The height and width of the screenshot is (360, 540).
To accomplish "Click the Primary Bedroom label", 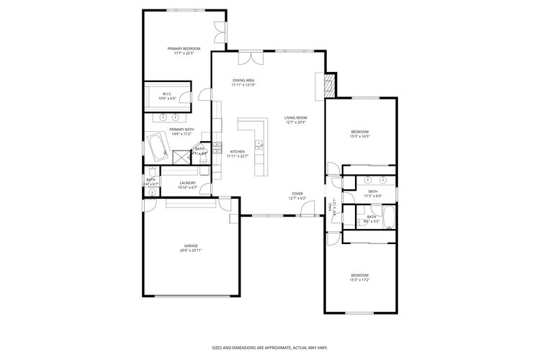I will [184, 49].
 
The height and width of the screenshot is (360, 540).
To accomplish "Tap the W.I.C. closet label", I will [166, 94].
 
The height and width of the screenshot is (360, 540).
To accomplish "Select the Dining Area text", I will [243, 81].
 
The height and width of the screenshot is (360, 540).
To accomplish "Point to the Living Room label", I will [295, 117].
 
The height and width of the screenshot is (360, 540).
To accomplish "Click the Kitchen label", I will [238, 151].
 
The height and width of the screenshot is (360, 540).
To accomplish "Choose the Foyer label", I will [297, 194].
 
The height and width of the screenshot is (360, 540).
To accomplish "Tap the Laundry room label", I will [187, 183].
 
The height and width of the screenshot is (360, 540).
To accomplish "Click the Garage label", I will [191, 246].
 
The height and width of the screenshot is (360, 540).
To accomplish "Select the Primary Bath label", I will [181, 130].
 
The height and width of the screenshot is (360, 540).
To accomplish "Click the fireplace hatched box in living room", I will [329, 87].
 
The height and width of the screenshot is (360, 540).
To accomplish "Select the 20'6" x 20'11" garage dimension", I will [191, 250].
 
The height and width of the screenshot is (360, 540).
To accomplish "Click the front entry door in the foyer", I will [308, 210].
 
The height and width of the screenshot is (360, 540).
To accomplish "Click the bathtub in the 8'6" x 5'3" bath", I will [387, 217].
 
